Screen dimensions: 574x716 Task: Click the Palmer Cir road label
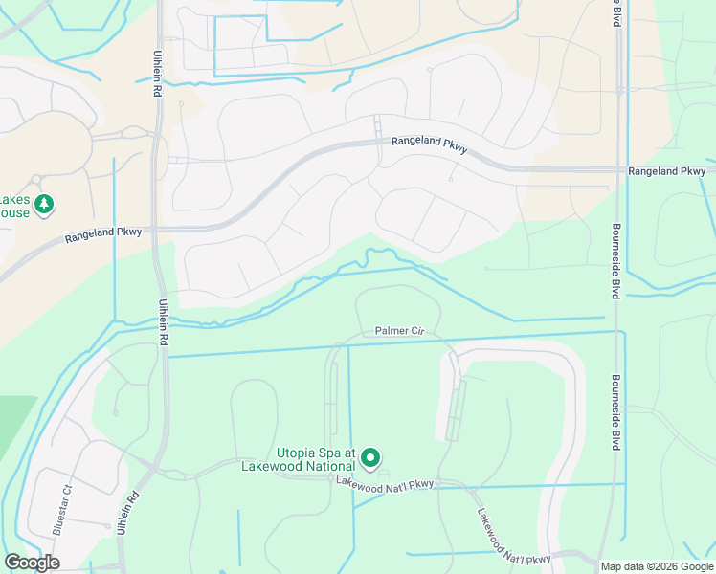coord(399,331)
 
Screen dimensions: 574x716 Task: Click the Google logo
coord(32,563)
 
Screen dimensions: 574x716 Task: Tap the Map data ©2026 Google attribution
coord(657,566)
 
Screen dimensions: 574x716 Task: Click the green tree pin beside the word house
coord(44,204)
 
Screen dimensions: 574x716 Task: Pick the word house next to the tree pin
coord(14,212)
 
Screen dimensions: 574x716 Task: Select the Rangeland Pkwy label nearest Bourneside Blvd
coord(666,171)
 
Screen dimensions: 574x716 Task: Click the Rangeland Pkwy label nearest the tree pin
coord(103,232)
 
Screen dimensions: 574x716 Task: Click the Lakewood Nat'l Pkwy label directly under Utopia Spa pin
coord(385,484)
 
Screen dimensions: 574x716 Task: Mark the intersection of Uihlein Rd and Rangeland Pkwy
coord(158,230)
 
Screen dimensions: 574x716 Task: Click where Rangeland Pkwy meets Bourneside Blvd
coord(617,169)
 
